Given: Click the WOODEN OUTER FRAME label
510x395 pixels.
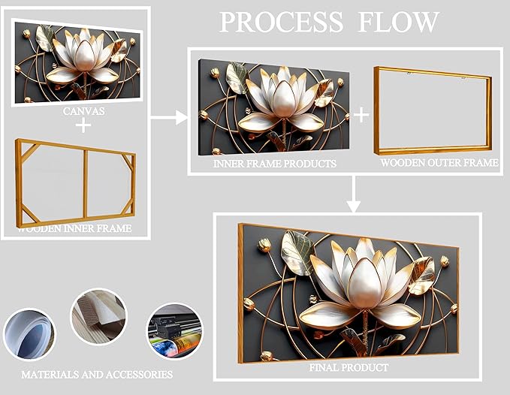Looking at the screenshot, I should click(x=438, y=163).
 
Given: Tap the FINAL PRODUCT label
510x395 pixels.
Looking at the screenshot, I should click(x=349, y=368).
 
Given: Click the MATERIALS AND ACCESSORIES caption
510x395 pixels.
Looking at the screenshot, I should click(x=97, y=373).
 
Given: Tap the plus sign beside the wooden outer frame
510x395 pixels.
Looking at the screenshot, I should click(x=361, y=115).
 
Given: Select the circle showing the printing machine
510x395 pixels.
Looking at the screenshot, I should click(x=174, y=330).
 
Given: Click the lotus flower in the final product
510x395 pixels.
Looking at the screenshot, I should click(x=364, y=282).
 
